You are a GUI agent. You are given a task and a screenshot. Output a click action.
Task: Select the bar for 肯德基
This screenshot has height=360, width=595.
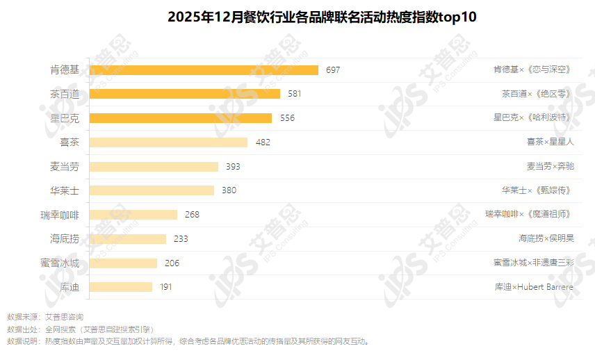[204, 69]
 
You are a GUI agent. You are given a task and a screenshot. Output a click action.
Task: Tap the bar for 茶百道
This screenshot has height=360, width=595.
[185, 94]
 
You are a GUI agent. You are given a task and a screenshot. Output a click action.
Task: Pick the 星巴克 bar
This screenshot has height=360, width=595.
[181, 118]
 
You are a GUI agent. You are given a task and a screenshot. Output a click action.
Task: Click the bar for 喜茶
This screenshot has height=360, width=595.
[168, 142]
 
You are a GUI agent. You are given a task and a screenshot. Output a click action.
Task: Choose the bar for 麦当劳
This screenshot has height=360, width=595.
[154, 166]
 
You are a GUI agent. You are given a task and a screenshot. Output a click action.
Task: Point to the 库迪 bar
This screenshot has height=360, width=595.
[121, 287]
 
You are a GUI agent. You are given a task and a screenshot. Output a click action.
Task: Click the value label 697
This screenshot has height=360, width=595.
[333, 69]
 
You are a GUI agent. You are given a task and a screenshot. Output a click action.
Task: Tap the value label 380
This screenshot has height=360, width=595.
[229, 190]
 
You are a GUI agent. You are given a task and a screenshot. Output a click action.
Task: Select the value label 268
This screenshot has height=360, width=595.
[192, 215]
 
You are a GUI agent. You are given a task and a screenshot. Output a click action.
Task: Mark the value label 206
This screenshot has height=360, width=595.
[172, 263]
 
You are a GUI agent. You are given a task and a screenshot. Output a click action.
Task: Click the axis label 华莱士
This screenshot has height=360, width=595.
[64, 190]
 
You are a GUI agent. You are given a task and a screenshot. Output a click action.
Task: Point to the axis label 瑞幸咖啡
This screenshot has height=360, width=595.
[60, 215]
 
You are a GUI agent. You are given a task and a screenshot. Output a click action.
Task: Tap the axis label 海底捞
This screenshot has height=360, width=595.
[64, 239]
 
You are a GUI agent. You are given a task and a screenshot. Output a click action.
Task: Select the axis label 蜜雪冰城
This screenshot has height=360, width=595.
[60, 263]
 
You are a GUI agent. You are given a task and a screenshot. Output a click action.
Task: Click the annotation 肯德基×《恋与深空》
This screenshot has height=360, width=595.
[532, 69]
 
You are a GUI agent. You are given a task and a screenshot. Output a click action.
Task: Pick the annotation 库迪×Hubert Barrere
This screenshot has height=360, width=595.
[534, 287]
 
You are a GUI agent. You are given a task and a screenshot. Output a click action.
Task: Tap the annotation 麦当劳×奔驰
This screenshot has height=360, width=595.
[551, 166]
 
